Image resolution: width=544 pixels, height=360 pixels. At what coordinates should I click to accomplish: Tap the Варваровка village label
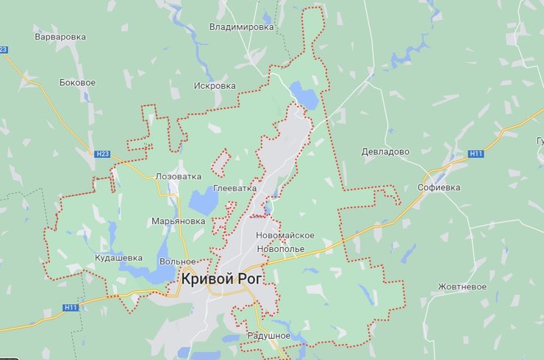[x=60, y=36]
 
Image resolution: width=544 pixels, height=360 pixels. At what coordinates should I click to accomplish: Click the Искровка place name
[x=215, y=86]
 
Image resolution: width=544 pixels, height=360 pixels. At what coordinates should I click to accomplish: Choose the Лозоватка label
[x=178, y=177]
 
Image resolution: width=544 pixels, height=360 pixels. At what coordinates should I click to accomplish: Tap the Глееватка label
[x=235, y=188]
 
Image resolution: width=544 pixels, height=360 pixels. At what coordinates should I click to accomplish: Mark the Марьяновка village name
[x=178, y=220]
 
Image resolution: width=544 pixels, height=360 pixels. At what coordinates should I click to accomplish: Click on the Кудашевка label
[x=118, y=258]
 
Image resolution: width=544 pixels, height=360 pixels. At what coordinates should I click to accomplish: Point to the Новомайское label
[x=285, y=235]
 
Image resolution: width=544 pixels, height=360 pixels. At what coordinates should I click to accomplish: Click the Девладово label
[x=385, y=151]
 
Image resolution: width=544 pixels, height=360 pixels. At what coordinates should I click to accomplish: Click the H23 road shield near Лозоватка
[x=102, y=154]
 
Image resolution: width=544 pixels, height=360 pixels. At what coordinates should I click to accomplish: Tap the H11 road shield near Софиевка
[x=476, y=154]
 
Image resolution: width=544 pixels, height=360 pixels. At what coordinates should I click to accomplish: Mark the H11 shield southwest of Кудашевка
[x=71, y=307]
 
